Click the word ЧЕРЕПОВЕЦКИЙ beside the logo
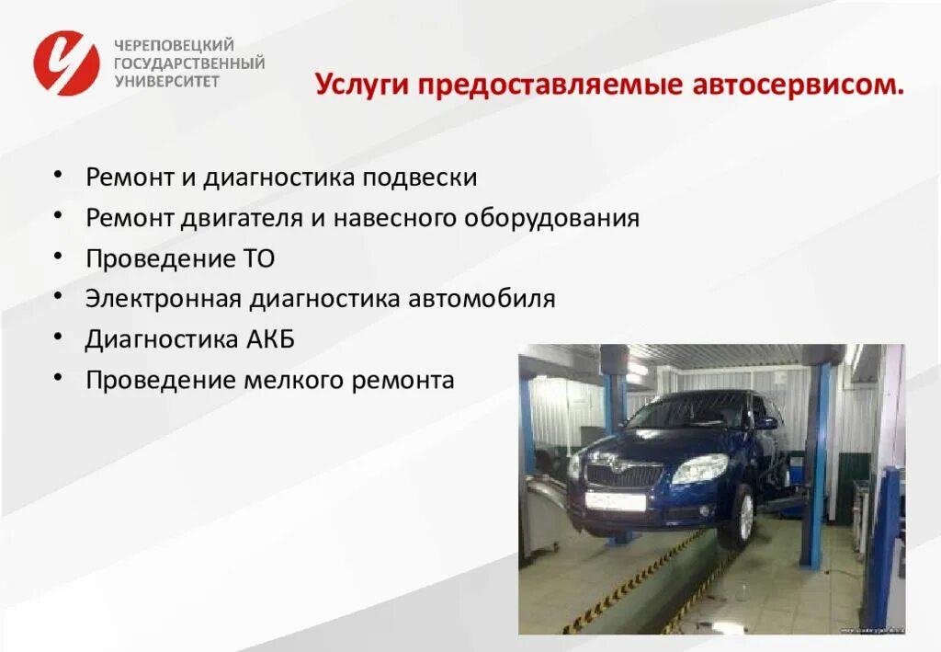(x=174, y=45)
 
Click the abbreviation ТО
(x=258, y=258)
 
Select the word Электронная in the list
(x=164, y=299)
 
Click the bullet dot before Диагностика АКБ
(x=57, y=337)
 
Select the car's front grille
(x=624, y=475)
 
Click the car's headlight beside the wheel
(x=699, y=469)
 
